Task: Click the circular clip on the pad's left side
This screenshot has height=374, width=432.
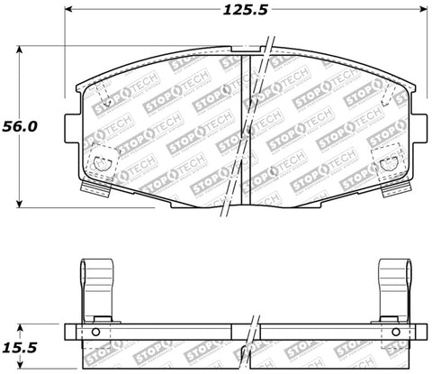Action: (102, 163)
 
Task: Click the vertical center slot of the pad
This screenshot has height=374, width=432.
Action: (247, 126)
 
